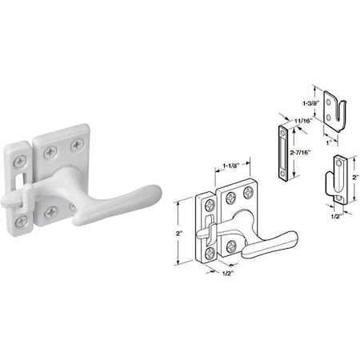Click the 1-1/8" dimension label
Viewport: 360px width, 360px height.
(x=228, y=170)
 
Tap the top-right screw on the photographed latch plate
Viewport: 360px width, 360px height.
(x=77, y=144)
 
